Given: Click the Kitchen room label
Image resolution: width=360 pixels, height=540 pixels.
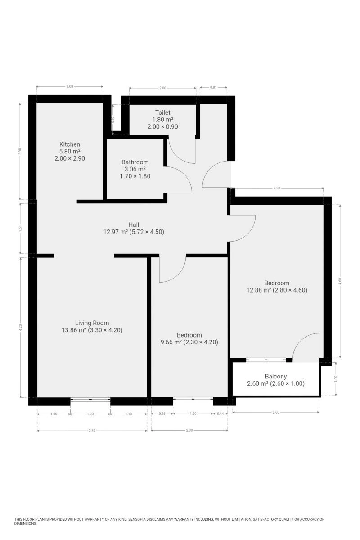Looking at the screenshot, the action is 69,144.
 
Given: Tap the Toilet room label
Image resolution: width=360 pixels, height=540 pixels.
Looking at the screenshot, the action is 163,112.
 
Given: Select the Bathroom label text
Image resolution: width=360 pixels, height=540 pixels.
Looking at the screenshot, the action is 135,162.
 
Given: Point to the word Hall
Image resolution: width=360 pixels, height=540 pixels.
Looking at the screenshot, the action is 134,225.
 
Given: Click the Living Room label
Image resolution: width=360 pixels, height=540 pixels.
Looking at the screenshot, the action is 92,323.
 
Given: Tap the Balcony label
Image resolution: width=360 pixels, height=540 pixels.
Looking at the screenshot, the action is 275,376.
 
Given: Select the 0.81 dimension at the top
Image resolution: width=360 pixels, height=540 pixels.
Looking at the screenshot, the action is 213,87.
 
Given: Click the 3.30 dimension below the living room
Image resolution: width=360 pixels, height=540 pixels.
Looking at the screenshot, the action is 92,430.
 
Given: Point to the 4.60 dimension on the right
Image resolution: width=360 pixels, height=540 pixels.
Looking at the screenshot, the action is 340,281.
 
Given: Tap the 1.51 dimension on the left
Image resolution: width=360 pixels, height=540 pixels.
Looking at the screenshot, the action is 20,228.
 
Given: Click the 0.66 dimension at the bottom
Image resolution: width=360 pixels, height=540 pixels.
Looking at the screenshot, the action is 162,414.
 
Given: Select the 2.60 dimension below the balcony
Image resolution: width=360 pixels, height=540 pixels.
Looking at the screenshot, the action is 275,412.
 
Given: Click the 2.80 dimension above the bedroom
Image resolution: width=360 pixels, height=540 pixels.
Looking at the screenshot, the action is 277,188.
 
